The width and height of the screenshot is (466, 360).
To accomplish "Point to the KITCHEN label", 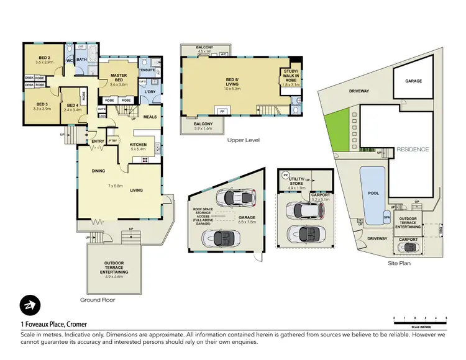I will click(137, 145).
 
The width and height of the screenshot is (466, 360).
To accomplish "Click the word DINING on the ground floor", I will click(98, 170).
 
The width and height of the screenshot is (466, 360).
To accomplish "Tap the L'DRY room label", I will click(149, 92).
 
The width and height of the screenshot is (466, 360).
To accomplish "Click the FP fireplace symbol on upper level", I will click(221, 111).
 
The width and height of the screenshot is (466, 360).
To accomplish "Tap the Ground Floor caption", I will click(98, 299).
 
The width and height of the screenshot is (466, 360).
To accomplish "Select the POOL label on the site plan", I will click(373, 193).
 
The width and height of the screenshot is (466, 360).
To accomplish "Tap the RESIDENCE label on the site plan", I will click(413, 150).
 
